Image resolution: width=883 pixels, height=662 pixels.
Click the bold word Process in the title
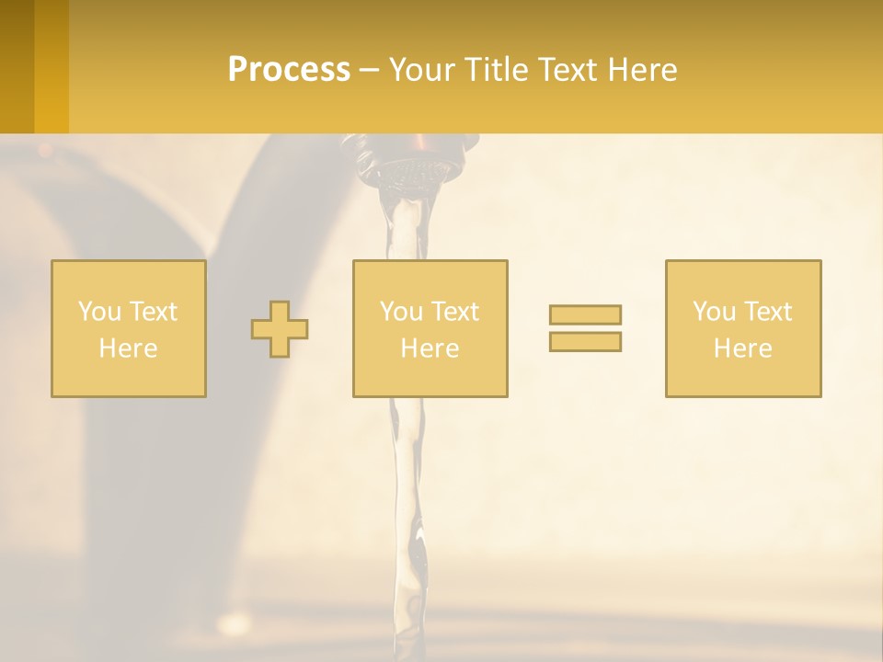pyautogui.click(x=289, y=70)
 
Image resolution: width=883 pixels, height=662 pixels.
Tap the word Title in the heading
pyautogui.click(x=493, y=70)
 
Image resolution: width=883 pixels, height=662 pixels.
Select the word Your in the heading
pyautogui.click(x=421, y=70)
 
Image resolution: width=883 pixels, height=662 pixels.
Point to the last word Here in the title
pyautogui.click(x=642, y=70)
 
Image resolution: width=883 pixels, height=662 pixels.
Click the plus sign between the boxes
pyautogui.click(x=280, y=329)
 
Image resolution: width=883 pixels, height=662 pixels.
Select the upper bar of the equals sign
pyautogui.click(x=585, y=314)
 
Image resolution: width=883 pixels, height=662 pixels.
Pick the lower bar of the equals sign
pyautogui.click(x=585, y=341)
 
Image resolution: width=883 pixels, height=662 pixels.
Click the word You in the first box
pyautogui.click(x=98, y=312)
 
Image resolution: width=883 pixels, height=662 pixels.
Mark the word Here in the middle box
pyautogui.click(x=430, y=348)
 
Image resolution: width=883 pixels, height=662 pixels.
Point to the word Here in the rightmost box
pyautogui.click(x=742, y=348)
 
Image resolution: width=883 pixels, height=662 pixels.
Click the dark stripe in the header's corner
pyautogui.click(x=17, y=66)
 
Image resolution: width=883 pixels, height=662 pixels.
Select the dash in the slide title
pyautogui.click(x=369, y=70)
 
